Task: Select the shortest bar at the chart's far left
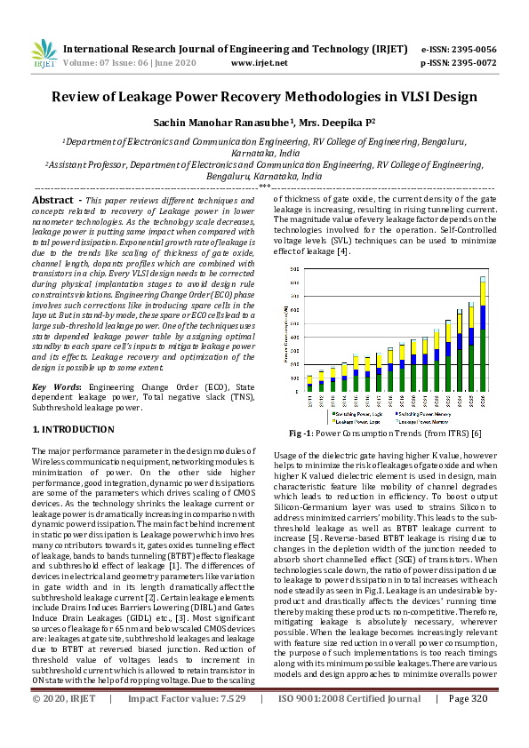tap(309, 384)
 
